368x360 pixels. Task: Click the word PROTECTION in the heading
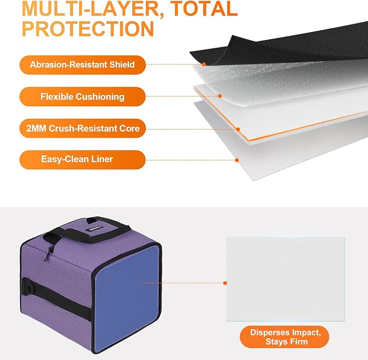tap(88, 29)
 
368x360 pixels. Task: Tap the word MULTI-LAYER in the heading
tap(93, 9)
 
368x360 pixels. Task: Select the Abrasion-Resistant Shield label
tap(82, 65)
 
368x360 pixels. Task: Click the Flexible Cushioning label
tap(82, 97)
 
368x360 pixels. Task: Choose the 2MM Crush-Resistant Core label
tap(82, 128)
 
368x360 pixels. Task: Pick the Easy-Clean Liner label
tap(82, 160)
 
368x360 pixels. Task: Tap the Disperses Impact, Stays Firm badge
tap(285, 337)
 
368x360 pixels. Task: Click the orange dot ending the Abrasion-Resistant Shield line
tap(204, 64)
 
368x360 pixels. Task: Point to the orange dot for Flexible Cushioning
tap(220, 96)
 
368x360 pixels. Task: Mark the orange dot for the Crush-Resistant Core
tap(238, 129)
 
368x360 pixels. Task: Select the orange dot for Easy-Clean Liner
tap(237, 160)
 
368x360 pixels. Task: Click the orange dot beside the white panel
tap(225, 283)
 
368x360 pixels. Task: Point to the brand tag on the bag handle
tap(96, 228)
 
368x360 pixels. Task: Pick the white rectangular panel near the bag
tap(286, 279)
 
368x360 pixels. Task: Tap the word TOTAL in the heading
tap(204, 9)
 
